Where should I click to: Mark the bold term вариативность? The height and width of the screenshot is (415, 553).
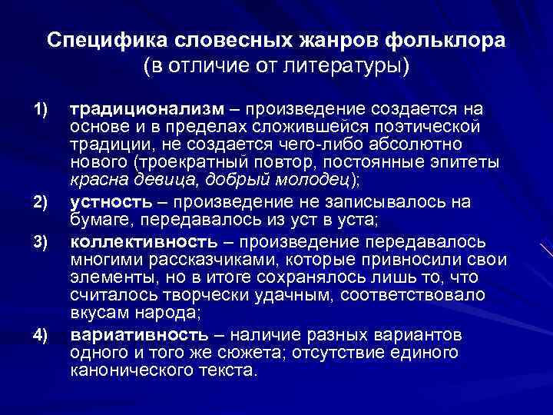[x=138, y=335]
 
